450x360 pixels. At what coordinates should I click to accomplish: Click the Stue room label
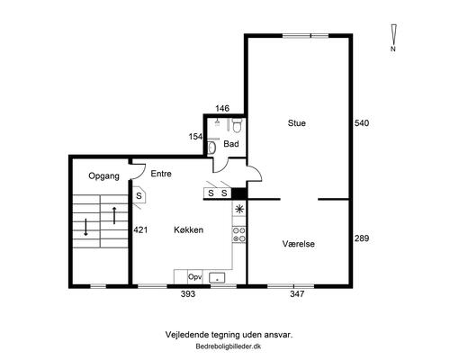point(297,123)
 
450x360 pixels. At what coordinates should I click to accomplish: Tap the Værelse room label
point(299,244)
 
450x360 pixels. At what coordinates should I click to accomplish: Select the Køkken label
point(189,229)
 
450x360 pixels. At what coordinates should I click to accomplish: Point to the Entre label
point(161,174)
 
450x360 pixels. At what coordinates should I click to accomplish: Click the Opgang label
point(103,175)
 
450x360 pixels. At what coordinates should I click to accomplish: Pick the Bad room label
point(231,144)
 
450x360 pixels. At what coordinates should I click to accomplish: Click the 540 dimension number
point(362,123)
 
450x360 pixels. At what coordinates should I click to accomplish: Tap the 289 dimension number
point(362,238)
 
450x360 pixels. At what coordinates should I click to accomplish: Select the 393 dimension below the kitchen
point(188,294)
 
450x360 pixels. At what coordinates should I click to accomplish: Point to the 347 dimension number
point(297,294)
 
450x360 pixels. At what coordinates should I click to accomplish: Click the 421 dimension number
point(140,229)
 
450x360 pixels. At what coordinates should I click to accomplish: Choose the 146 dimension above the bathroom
point(222,108)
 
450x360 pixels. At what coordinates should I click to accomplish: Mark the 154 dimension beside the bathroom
point(195,137)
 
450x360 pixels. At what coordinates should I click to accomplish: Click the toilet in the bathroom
point(238,126)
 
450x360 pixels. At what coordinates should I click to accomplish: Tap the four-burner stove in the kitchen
point(239,235)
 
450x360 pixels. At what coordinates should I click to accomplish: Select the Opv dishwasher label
point(194,277)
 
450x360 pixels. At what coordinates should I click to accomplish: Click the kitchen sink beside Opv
point(217,277)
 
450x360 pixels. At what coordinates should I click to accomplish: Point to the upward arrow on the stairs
point(114,215)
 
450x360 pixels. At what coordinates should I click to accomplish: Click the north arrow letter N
point(393,49)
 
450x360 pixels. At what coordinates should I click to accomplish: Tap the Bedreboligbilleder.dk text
point(229,346)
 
